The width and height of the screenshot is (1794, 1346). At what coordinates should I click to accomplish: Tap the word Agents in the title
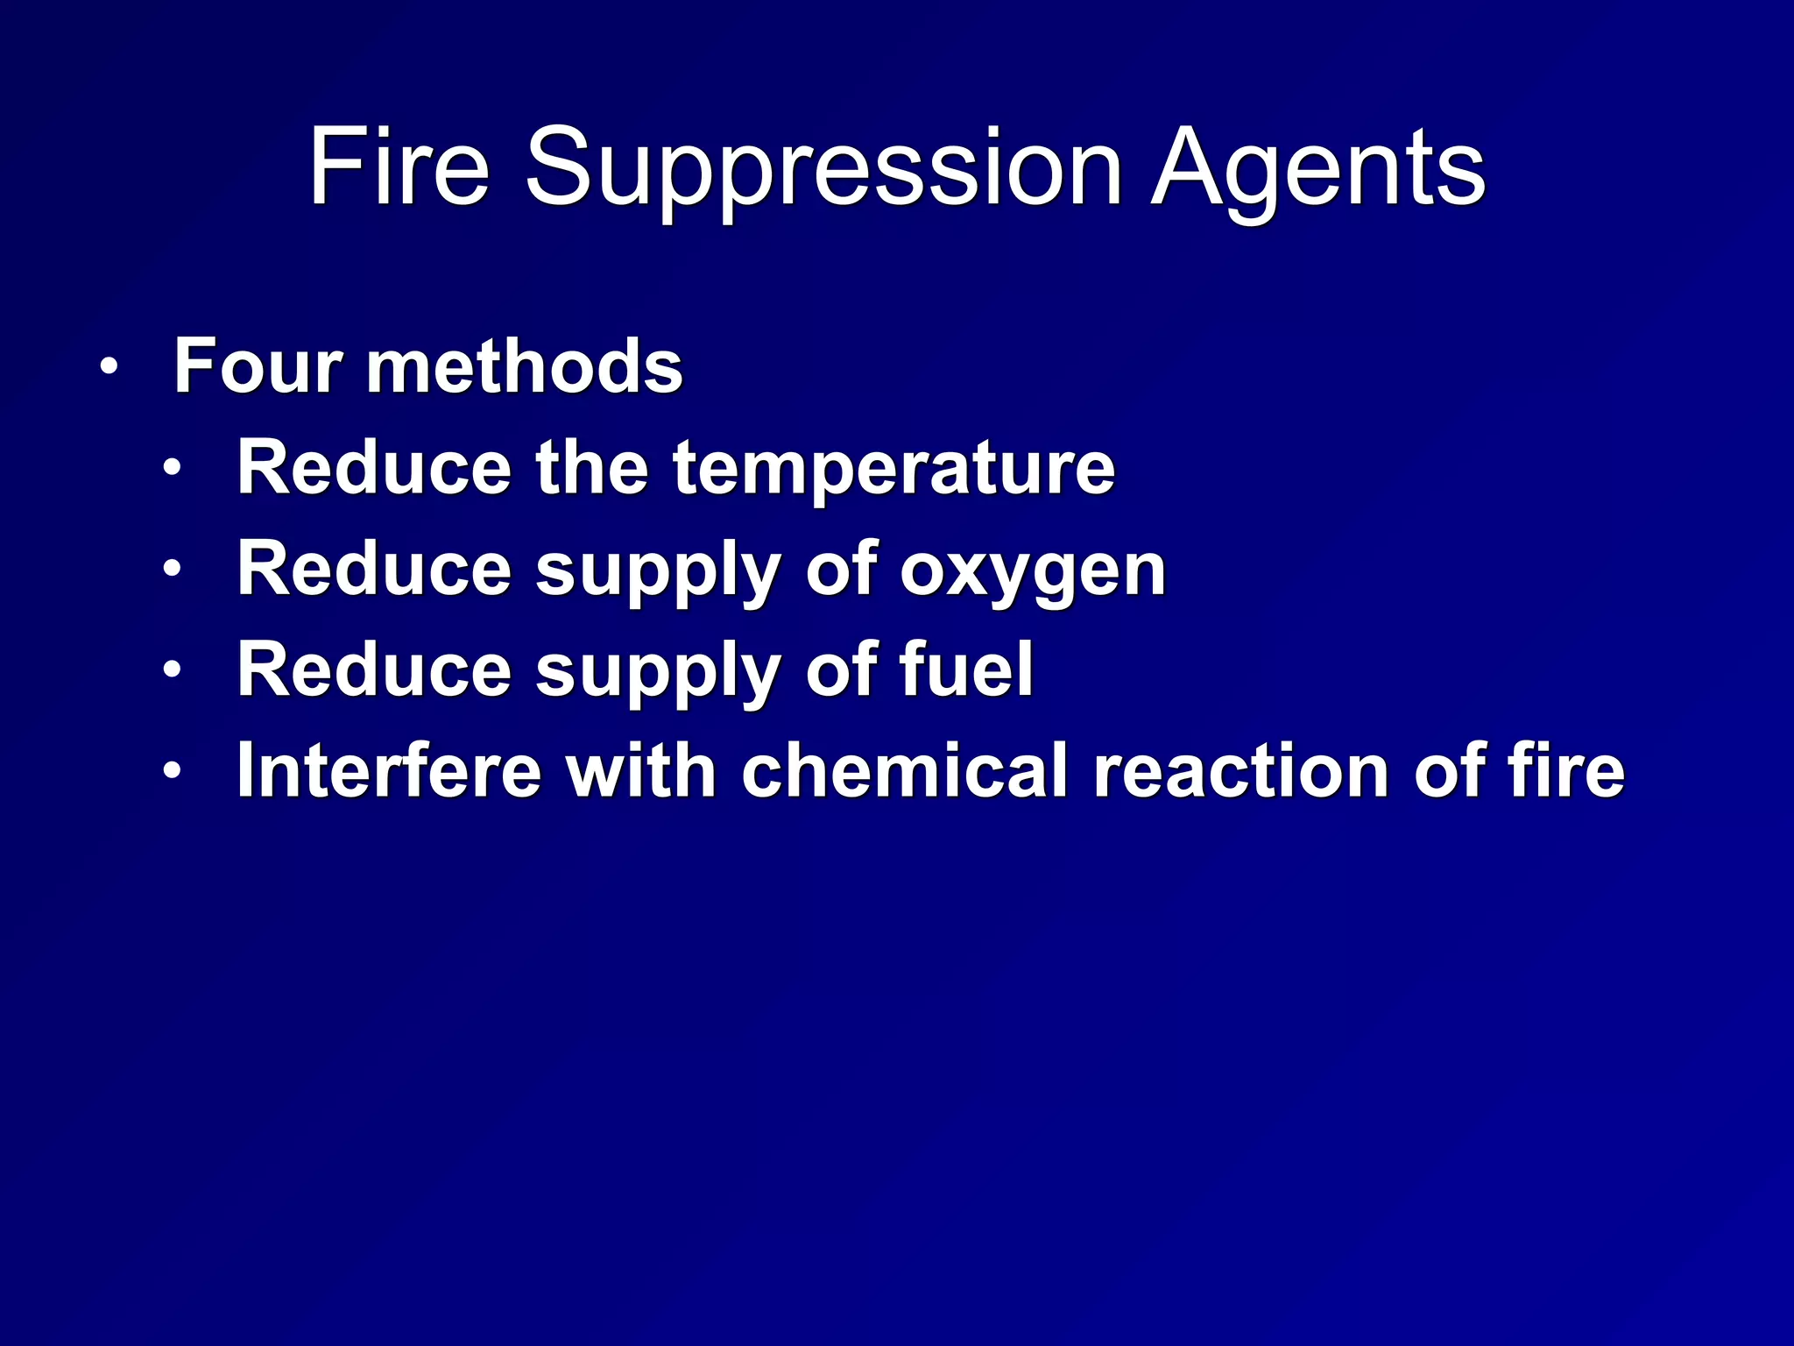tap(1317, 168)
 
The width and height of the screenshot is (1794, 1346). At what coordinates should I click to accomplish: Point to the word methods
tap(525, 366)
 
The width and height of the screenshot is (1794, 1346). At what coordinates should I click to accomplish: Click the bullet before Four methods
tap(108, 366)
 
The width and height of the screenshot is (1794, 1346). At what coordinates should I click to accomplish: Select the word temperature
tap(893, 469)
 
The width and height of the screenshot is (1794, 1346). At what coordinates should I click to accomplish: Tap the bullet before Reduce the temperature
tap(172, 468)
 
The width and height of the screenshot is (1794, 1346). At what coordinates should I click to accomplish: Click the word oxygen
tap(1033, 571)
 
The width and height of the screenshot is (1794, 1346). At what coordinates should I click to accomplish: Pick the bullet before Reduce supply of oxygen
tap(172, 570)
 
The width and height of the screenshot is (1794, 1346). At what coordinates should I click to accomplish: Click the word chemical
tap(905, 771)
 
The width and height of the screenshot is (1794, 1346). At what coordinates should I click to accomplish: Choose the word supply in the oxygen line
tap(659, 571)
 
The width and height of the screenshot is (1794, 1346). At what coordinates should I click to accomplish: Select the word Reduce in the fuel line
tap(374, 670)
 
